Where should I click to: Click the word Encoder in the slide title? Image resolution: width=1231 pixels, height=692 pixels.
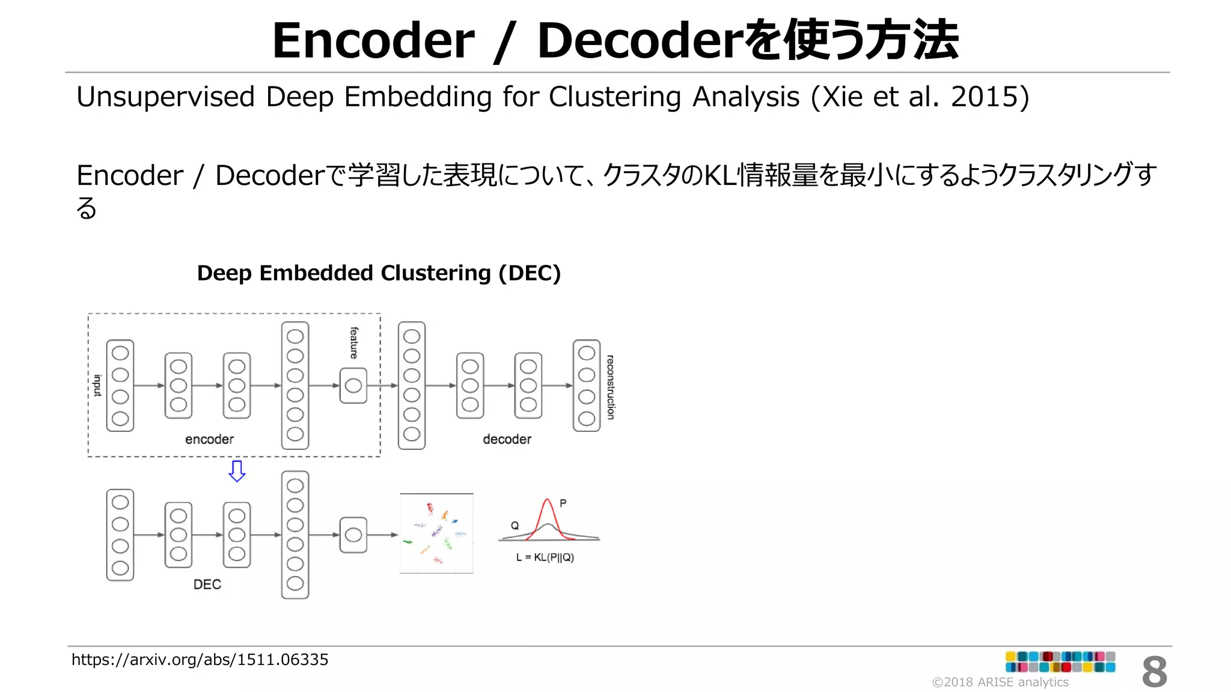tap(373, 41)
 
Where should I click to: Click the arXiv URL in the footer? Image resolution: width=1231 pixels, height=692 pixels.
tap(200, 660)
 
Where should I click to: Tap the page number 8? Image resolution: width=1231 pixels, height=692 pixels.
tap(1154, 672)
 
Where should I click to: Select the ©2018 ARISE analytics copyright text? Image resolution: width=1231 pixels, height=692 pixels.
tap(1000, 682)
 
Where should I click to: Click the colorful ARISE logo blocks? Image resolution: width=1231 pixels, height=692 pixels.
tap(1060, 661)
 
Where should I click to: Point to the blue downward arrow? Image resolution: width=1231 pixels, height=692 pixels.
tap(237, 471)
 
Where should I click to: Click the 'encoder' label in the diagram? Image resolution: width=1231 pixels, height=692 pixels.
tap(209, 439)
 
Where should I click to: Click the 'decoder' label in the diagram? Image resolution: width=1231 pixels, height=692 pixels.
tap(507, 439)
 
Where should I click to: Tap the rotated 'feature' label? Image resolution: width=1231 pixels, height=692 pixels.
tap(354, 342)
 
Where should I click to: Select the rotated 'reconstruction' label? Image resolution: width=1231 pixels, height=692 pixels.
tap(610, 387)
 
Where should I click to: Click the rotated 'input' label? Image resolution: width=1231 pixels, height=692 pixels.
tap(97, 385)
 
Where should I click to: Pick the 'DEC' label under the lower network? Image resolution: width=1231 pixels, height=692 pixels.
tap(207, 584)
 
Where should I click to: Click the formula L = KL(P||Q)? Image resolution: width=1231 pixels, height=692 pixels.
tap(545, 557)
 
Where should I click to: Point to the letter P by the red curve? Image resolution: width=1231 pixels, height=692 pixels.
tap(563, 503)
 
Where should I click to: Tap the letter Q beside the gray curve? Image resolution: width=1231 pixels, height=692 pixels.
tap(515, 526)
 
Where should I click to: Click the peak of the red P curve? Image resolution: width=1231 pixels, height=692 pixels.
tap(547, 500)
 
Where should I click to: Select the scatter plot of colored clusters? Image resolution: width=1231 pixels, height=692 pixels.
tap(436, 533)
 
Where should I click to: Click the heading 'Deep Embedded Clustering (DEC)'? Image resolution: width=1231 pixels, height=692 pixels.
tap(379, 273)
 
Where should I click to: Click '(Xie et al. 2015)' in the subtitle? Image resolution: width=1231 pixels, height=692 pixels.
tap(920, 97)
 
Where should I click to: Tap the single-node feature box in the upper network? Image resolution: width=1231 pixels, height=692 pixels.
tap(353, 386)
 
